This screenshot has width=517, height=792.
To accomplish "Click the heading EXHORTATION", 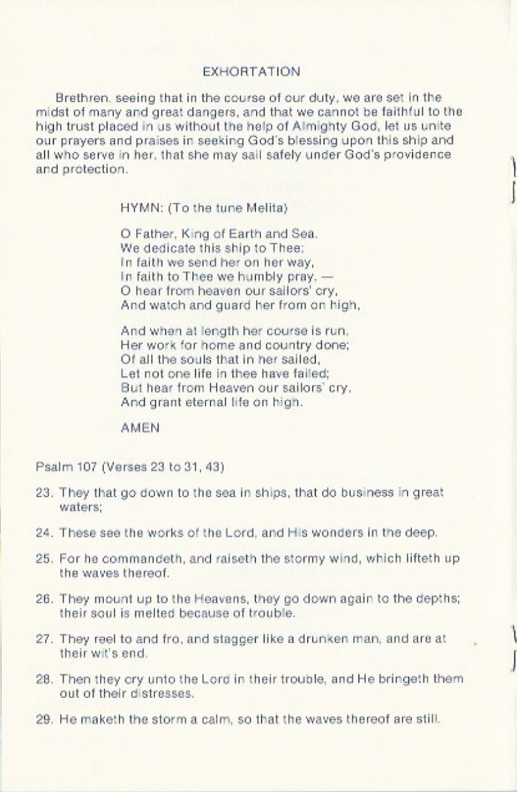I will (x=252, y=72).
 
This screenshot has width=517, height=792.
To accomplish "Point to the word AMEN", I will (x=140, y=427).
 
